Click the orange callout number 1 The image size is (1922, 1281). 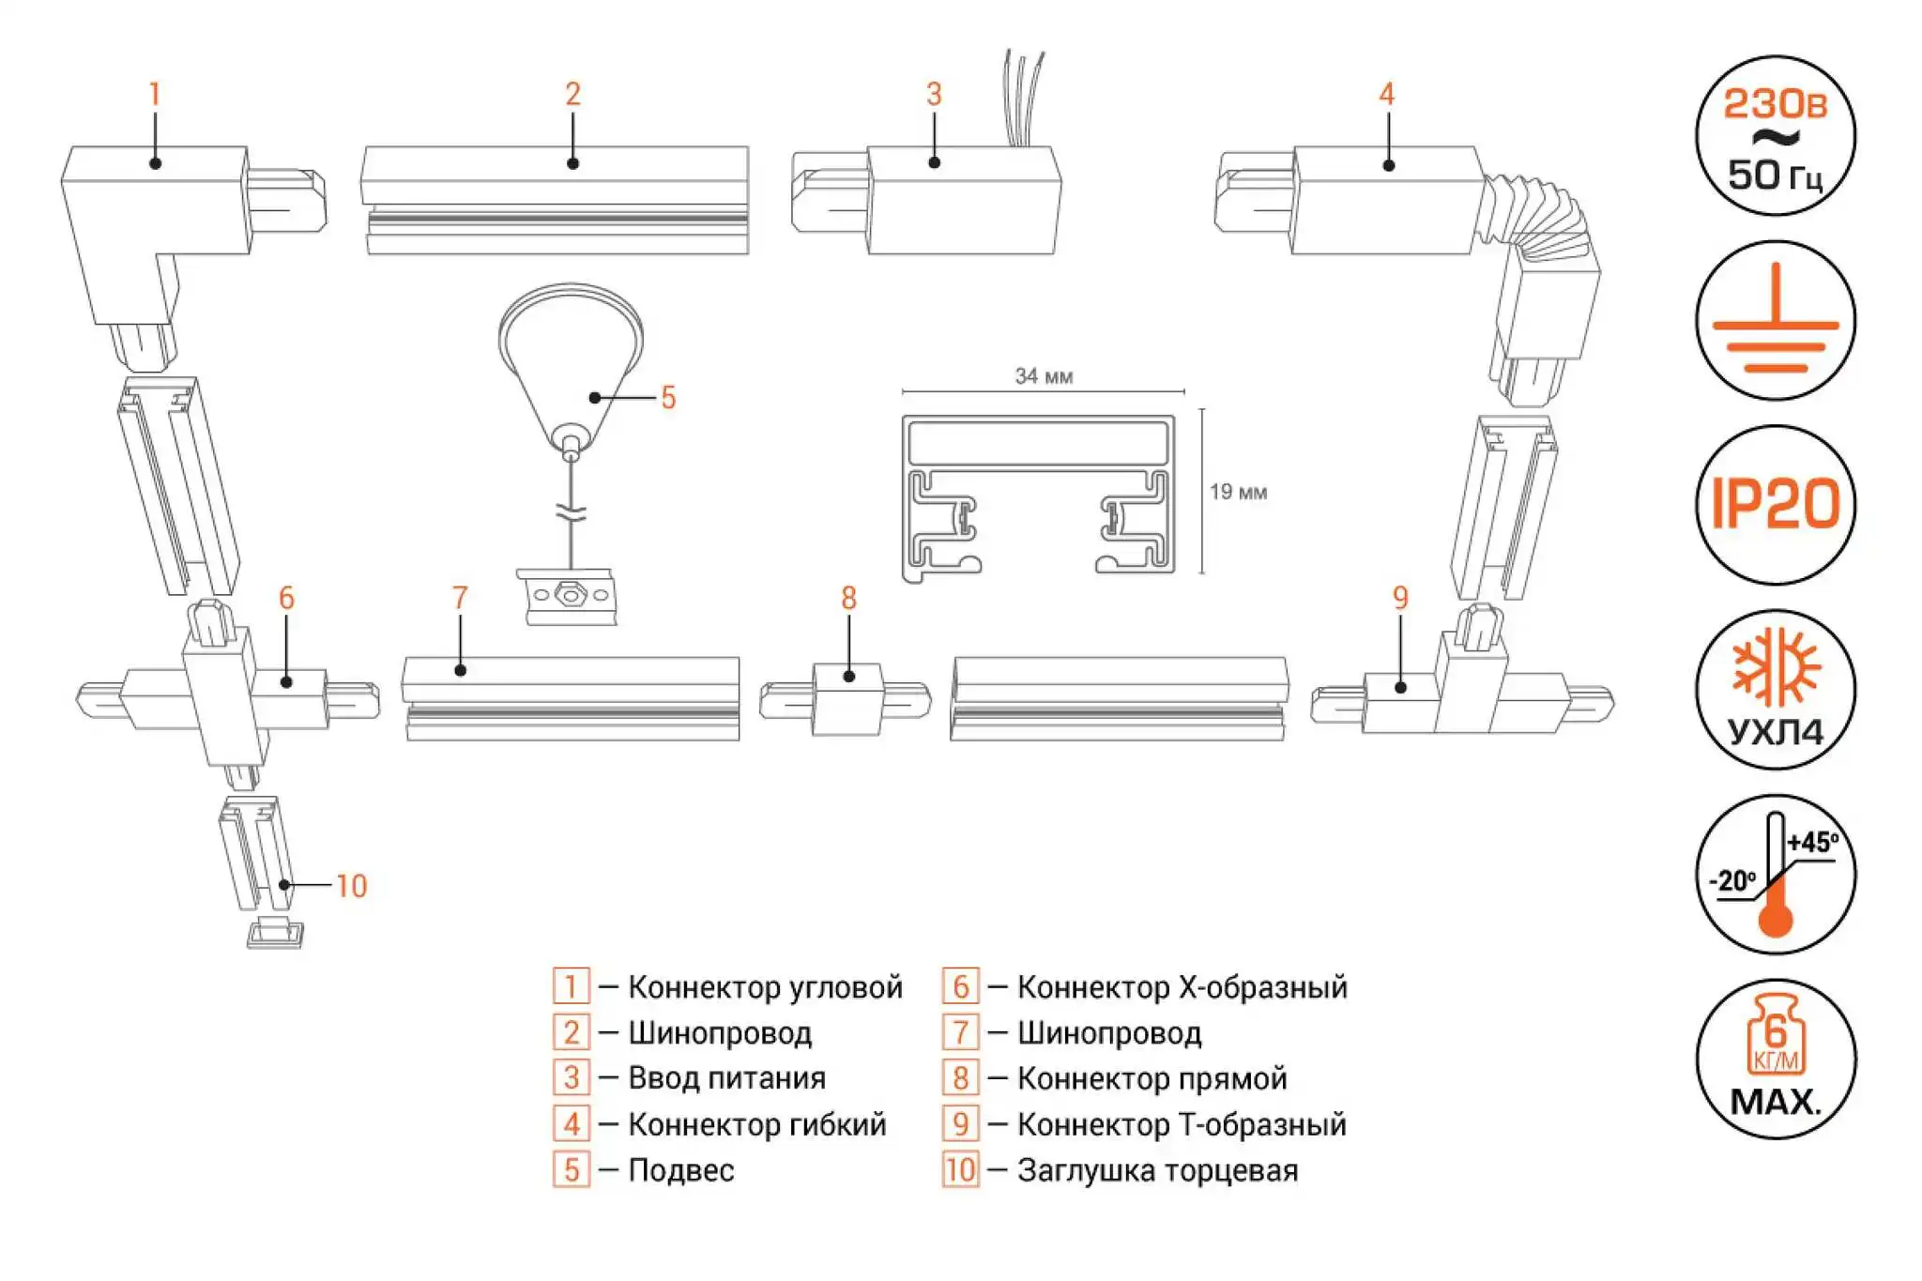155,94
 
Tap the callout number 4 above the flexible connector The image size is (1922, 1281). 1386,94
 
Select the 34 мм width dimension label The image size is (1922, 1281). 1044,376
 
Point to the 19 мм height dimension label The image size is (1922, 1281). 1238,492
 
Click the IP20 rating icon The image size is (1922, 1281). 1775,504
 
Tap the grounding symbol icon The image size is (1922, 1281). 1775,321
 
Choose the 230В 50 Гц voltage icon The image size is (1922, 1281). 1775,136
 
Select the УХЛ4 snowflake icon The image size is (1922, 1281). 1775,689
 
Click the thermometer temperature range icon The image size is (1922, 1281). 1775,874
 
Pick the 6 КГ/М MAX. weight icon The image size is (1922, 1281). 1775,1059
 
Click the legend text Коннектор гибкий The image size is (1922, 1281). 756,1124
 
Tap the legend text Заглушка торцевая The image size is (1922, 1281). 1157,1170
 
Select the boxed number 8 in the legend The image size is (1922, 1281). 960,1078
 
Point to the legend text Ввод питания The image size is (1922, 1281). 726,1078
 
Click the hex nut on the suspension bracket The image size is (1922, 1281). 569,595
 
